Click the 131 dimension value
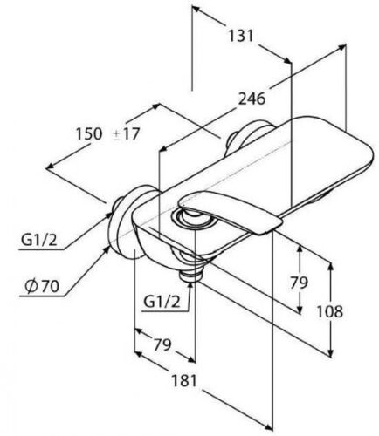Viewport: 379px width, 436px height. click(240, 36)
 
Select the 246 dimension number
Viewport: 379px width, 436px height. click(252, 99)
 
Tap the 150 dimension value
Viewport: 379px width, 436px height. click(89, 134)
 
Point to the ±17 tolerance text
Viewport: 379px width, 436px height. click(127, 134)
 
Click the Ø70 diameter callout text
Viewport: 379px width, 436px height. click(42, 287)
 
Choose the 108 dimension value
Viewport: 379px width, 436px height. click(330, 312)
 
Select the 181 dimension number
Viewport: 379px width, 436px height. click(184, 381)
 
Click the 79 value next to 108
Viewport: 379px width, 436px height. click(299, 283)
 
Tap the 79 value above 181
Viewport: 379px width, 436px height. click(162, 345)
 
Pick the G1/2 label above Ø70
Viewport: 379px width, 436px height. click(39, 240)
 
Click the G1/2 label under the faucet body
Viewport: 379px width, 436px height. click(162, 303)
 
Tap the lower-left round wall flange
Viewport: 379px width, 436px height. click(124, 221)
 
